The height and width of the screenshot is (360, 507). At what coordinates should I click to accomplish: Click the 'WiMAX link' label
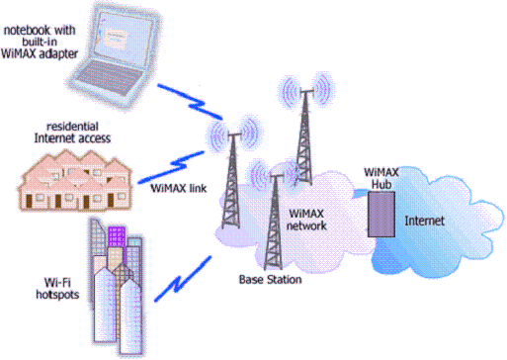[179, 188]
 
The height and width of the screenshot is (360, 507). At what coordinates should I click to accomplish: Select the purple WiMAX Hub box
[381, 214]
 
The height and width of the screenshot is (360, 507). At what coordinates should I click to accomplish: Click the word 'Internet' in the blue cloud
[425, 221]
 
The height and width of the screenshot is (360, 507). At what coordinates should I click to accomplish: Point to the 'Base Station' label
[270, 280]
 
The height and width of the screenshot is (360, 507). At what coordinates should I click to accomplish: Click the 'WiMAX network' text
[306, 220]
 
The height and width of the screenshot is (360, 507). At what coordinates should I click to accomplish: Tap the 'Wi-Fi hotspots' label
[57, 289]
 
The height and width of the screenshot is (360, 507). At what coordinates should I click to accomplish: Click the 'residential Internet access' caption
[72, 133]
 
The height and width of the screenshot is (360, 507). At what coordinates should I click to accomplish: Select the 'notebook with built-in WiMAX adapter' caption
[40, 42]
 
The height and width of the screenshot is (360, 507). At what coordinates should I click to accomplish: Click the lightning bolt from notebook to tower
[190, 102]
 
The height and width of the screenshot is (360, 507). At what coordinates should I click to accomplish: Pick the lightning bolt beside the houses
[171, 167]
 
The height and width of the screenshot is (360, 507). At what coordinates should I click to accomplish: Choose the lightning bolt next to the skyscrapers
[183, 279]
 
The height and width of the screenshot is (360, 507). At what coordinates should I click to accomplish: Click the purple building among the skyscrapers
[117, 236]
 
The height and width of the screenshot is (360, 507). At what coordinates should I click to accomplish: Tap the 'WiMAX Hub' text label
[381, 178]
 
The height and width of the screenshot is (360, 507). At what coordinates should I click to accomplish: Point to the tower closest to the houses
[232, 181]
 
